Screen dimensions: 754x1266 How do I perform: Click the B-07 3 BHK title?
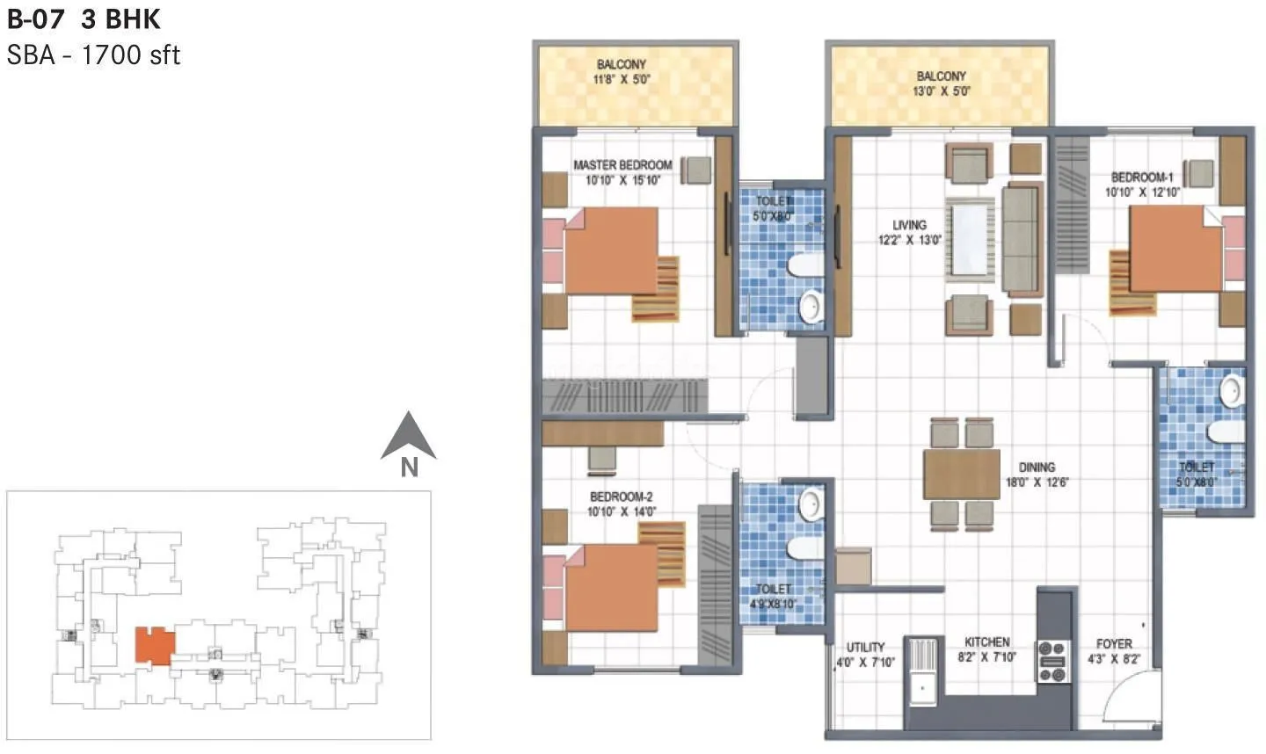[x=84, y=18]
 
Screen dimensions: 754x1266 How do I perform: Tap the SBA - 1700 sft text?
[x=93, y=55]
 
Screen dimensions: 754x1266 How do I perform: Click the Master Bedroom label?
[x=622, y=165]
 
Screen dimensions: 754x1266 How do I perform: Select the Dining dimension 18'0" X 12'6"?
[x=1037, y=482]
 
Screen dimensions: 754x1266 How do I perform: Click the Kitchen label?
[x=986, y=642]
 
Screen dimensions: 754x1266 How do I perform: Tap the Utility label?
[x=866, y=648]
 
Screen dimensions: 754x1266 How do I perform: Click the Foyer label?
[x=1114, y=644]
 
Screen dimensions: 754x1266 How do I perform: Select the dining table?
[x=962, y=475]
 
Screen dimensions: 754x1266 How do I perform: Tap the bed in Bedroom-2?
[x=610, y=587]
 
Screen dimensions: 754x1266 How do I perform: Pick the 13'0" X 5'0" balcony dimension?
[x=941, y=91]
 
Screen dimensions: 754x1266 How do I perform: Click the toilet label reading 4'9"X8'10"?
[x=773, y=604]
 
